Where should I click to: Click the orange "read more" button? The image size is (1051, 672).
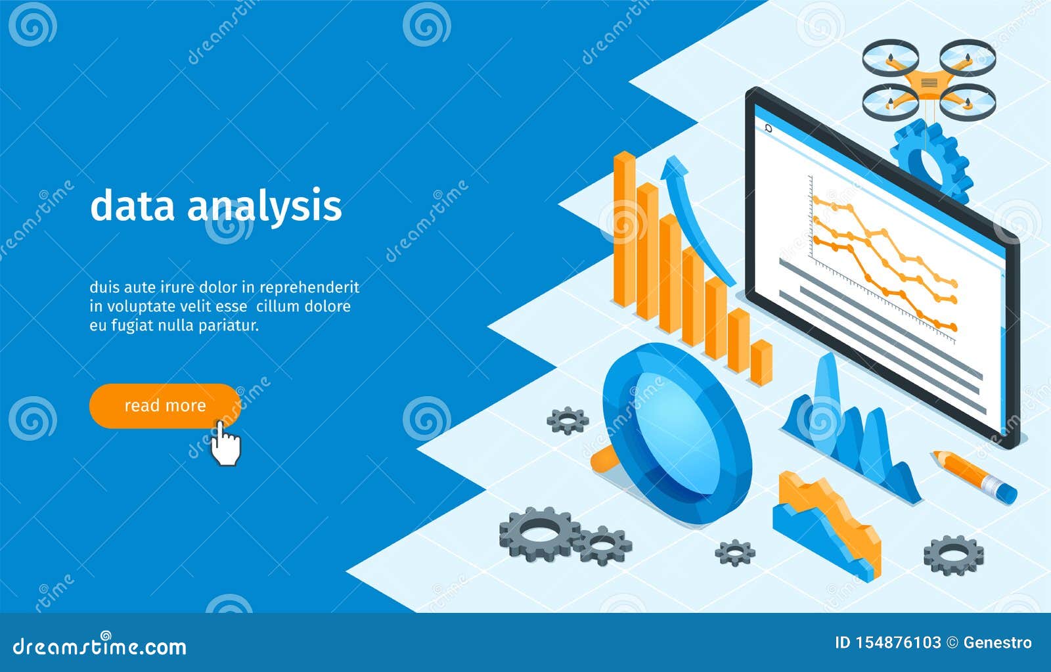pos(164,405)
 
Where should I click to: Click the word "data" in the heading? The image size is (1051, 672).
pos(132,205)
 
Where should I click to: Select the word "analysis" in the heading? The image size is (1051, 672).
pos(264,206)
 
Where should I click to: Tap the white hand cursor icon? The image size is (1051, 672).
pos(225,445)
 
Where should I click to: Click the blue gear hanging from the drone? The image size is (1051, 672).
pos(931,161)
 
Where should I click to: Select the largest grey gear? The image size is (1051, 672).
pos(539,533)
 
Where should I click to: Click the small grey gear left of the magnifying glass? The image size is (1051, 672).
pos(568,420)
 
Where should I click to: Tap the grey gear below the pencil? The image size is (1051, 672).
pos(953,554)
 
